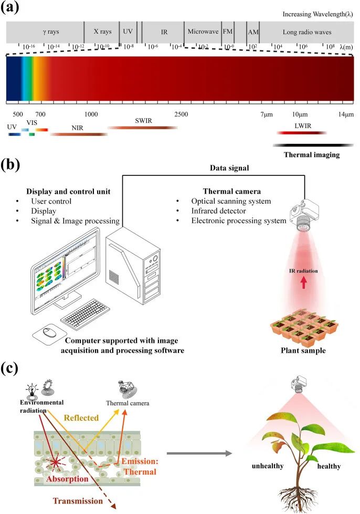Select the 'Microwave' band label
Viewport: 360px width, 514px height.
point(202,32)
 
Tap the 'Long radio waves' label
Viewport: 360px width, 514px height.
point(307,32)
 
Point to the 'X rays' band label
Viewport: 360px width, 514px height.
point(102,32)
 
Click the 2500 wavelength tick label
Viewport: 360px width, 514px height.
point(181,114)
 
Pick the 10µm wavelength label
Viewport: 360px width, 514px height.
point(301,114)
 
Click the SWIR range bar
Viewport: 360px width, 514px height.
point(142,128)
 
